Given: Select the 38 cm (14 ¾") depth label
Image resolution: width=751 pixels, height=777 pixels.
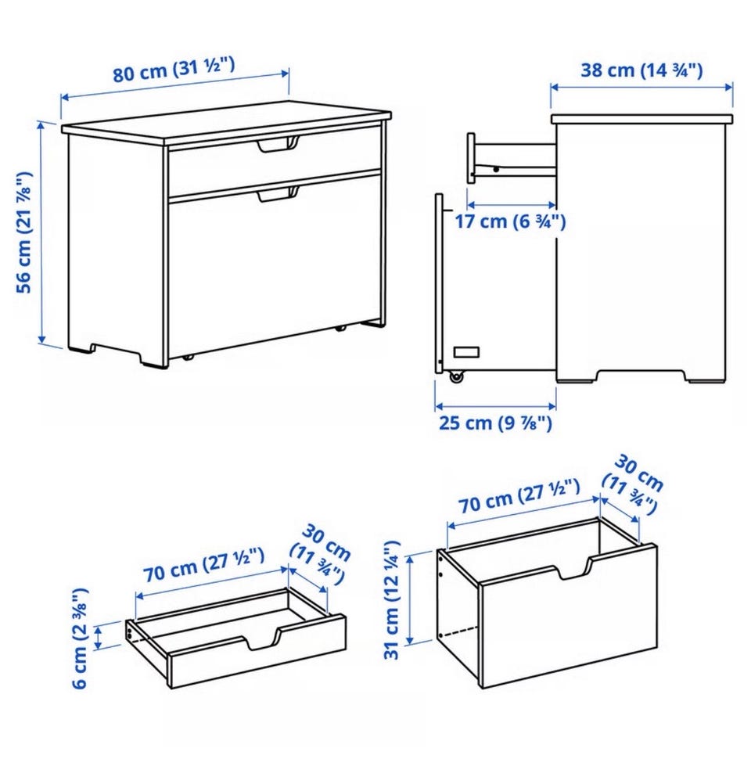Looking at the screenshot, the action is click(641, 70).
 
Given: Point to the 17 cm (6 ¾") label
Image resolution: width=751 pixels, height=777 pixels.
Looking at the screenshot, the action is click(510, 221).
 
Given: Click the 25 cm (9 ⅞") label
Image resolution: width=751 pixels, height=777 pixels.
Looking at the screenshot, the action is click(495, 423).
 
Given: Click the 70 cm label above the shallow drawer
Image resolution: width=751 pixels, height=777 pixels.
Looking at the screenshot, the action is click(203, 565).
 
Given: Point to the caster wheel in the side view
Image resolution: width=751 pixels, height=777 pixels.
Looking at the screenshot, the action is click(456, 377).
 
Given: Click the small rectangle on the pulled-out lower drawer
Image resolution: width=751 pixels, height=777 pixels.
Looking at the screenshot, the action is click(467, 352).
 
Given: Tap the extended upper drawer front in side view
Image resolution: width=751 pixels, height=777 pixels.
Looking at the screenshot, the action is click(471, 158).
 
